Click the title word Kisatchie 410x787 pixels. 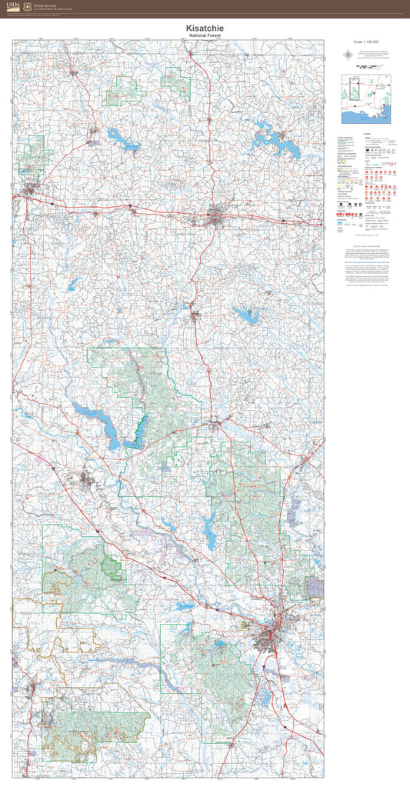pyautogui.click(x=205, y=28)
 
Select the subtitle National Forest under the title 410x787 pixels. pyautogui.click(x=205, y=35)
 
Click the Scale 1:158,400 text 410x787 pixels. pyautogui.click(x=367, y=42)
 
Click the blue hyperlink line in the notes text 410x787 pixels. pyautogui.click(x=367, y=262)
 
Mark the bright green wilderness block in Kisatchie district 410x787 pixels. pyautogui.click(x=112, y=570)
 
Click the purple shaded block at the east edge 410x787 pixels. pyautogui.click(x=314, y=588)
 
